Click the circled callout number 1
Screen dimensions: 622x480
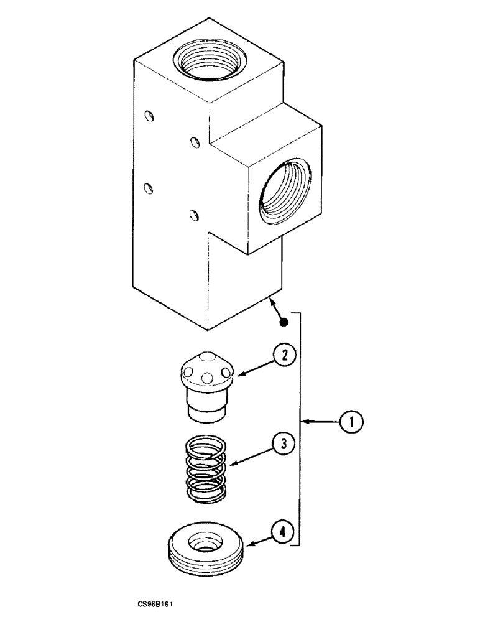pos(351,423)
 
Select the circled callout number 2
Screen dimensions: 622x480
pos(284,356)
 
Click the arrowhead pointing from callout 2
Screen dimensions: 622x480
pos(237,375)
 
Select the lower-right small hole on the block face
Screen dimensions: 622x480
pos(195,216)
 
